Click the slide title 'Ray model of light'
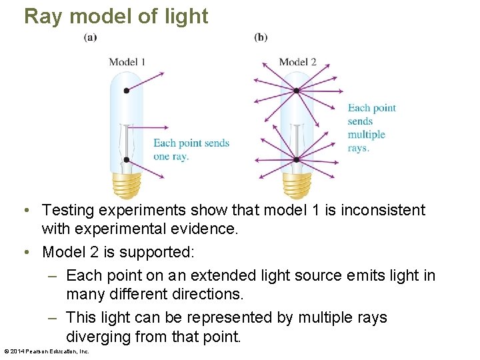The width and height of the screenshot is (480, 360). coord(116,16)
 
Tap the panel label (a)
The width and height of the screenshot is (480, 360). coord(90,37)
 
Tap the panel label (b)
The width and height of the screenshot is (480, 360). coord(261,37)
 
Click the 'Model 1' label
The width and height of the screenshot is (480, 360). coord(127,62)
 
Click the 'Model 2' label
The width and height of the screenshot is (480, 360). coord(297,62)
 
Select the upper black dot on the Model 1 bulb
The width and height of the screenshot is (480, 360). coord(127,91)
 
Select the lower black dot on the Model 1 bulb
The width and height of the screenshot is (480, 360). coord(127,160)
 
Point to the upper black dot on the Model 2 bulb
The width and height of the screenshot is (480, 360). coord(296,91)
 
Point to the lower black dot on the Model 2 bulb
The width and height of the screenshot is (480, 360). coord(296,160)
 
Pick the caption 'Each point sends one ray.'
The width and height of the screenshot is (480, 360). coord(191,149)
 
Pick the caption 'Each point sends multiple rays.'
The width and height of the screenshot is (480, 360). coord(371,128)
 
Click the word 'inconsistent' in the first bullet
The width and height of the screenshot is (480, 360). coord(383,211)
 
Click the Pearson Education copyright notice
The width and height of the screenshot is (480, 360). coord(46,351)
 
